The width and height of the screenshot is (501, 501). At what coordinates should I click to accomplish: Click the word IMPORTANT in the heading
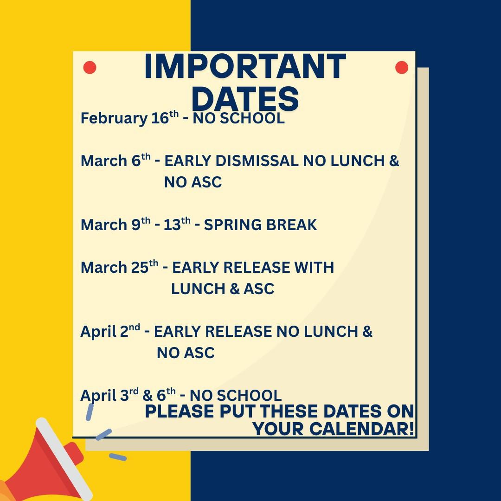pyautogui.click(x=245, y=66)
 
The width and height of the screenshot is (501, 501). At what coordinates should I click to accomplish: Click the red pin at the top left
pyautogui.click(x=90, y=68)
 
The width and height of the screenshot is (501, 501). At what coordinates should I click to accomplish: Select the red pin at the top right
pyautogui.click(x=402, y=68)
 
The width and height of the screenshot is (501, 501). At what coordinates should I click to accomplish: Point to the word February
pyautogui.click(x=114, y=119)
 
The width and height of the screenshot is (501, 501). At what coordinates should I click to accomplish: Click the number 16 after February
pyautogui.click(x=160, y=118)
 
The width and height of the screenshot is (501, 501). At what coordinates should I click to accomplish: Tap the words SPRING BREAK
pyautogui.click(x=260, y=225)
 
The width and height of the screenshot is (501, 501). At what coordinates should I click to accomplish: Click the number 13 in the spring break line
pyautogui.click(x=172, y=225)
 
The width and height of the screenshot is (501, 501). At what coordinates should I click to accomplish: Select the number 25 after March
pyautogui.click(x=140, y=268)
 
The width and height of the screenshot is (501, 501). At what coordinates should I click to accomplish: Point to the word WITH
pyautogui.click(x=314, y=268)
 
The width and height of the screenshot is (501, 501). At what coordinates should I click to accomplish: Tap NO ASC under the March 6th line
pyautogui.click(x=193, y=182)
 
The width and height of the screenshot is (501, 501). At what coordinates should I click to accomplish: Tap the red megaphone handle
pyautogui.click(x=74, y=454)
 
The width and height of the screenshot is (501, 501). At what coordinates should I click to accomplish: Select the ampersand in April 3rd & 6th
pyautogui.click(x=148, y=396)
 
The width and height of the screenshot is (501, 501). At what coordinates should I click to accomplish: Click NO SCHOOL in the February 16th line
pyautogui.click(x=238, y=118)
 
